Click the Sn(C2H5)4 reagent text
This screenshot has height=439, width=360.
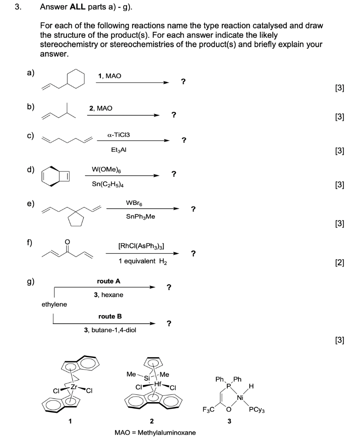pyautogui.click(x=105, y=184)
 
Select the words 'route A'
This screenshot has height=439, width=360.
pyautogui.click(x=109, y=281)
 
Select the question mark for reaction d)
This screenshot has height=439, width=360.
pyautogui.click(x=173, y=174)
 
